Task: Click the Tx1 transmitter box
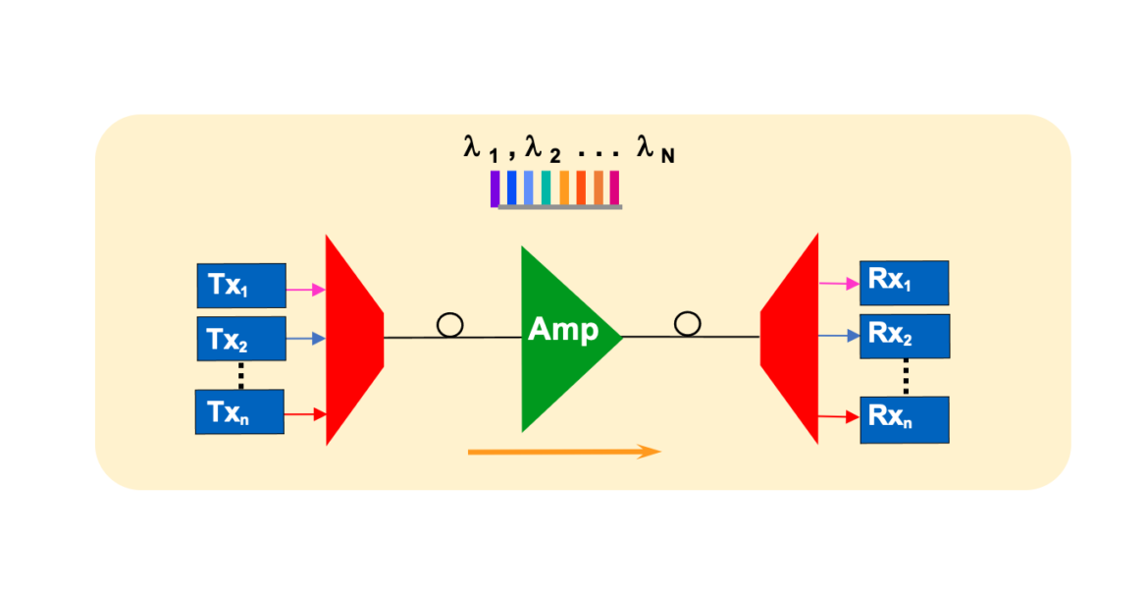click(x=240, y=285)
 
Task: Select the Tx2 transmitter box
click(x=240, y=339)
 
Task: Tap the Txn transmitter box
click(x=240, y=411)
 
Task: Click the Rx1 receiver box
click(x=904, y=282)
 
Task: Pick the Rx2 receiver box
click(x=904, y=337)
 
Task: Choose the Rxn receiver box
click(x=904, y=418)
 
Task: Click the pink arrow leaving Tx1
click(x=305, y=290)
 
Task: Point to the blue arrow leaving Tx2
click(x=305, y=339)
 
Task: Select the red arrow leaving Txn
click(x=305, y=414)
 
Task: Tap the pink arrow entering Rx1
click(x=838, y=284)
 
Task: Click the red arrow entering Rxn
click(x=838, y=417)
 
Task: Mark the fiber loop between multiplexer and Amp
click(x=449, y=325)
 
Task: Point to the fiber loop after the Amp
click(x=688, y=323)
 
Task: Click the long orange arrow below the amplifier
click(x=564, y=452)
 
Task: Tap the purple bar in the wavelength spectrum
click(x=496, y=188)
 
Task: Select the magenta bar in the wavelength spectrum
click(x=615, y=188)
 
